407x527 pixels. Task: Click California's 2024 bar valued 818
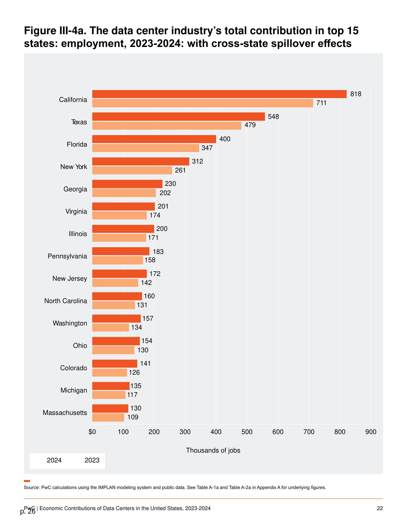219,94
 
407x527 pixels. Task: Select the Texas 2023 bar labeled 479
167,126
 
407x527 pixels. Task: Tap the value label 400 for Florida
225,139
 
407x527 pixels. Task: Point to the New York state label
73,167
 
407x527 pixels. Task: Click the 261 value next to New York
180,170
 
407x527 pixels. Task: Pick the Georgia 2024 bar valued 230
127,184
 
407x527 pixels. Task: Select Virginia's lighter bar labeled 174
119,215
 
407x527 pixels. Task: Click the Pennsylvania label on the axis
67,256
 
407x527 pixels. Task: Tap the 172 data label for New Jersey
155,274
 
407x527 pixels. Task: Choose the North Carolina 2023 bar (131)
113,305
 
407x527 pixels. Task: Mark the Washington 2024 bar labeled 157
117,318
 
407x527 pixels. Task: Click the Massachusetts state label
65,413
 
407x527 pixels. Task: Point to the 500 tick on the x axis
247,432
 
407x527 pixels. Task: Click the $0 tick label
92,432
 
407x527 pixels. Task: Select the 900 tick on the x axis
371,432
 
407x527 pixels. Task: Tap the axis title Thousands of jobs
213,450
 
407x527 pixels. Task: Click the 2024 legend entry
54,460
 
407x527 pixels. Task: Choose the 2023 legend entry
92,460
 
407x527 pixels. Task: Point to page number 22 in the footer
380,508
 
